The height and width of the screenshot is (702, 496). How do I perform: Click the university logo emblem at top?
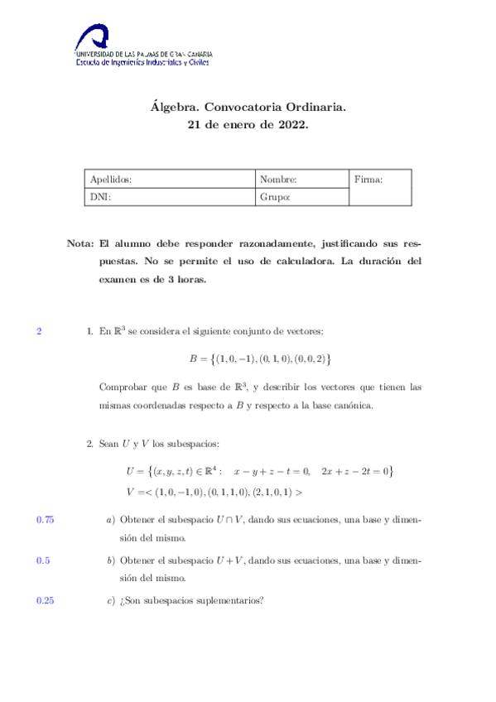tap(92, 36)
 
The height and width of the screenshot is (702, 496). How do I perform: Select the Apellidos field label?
tap(110, 179)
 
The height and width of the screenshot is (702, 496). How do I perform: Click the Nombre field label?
tap(277, 179)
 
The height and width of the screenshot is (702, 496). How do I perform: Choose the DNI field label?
tap(100, 197)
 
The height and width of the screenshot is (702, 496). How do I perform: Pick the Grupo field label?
tap(274, 197)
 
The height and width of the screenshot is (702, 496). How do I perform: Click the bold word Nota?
tap(79, 244)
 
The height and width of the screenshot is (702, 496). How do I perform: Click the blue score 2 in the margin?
tap(39, 332)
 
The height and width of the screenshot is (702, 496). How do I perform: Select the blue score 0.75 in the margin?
tap(46, 520)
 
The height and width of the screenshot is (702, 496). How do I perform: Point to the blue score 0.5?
tap(43, 560)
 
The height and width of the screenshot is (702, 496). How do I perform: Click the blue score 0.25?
tap(46, 601)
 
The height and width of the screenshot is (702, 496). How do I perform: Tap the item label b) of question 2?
tap(110, 560)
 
